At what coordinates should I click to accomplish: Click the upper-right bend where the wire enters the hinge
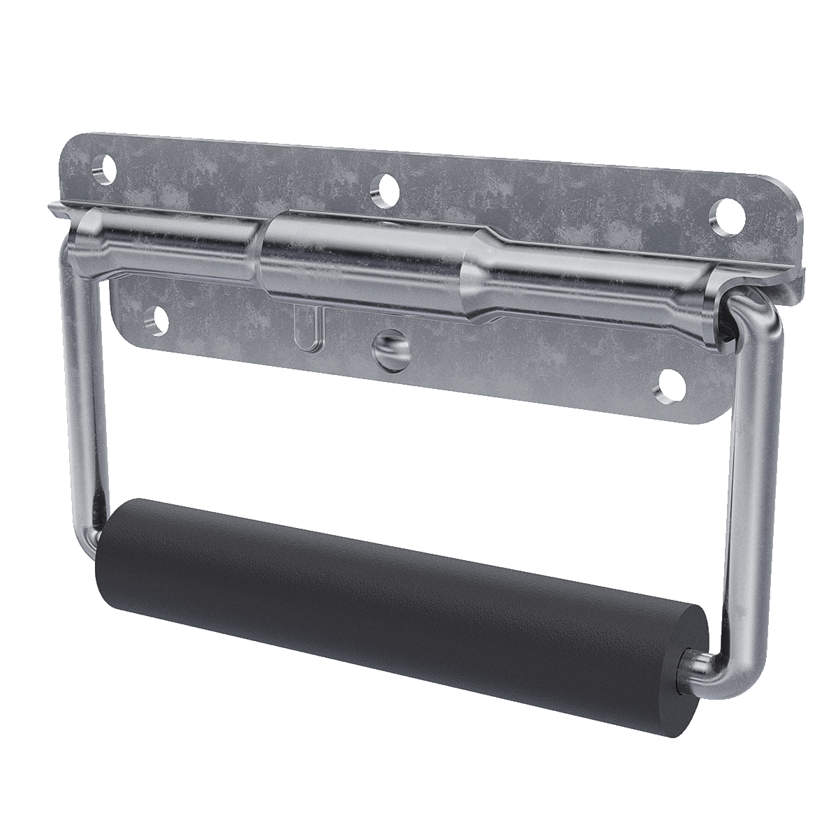coord(751,314)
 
